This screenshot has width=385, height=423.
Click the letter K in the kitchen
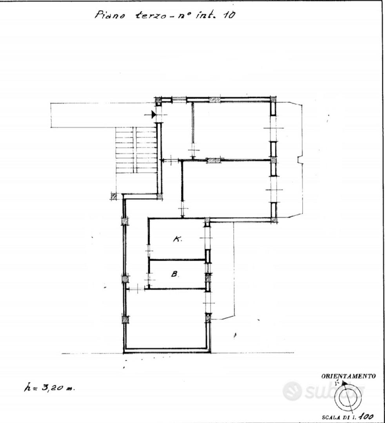[177, 239]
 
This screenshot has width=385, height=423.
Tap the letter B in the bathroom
[175, 274]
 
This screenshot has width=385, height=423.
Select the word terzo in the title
[150, 15]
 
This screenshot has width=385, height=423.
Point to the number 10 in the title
[229, 15]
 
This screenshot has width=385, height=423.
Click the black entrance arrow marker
[154, 115]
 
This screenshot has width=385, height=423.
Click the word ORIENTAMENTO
[348, 376]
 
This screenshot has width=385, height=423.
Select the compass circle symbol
[348, 398]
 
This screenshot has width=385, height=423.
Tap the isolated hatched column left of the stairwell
[114, 196]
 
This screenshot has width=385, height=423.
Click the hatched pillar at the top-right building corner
[273, 99]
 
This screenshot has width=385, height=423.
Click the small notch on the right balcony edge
[300, 160]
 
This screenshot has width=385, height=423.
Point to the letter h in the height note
[27, 388]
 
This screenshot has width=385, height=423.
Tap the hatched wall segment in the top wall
[214, 100]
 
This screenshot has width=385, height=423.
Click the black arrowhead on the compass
[344, 383]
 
